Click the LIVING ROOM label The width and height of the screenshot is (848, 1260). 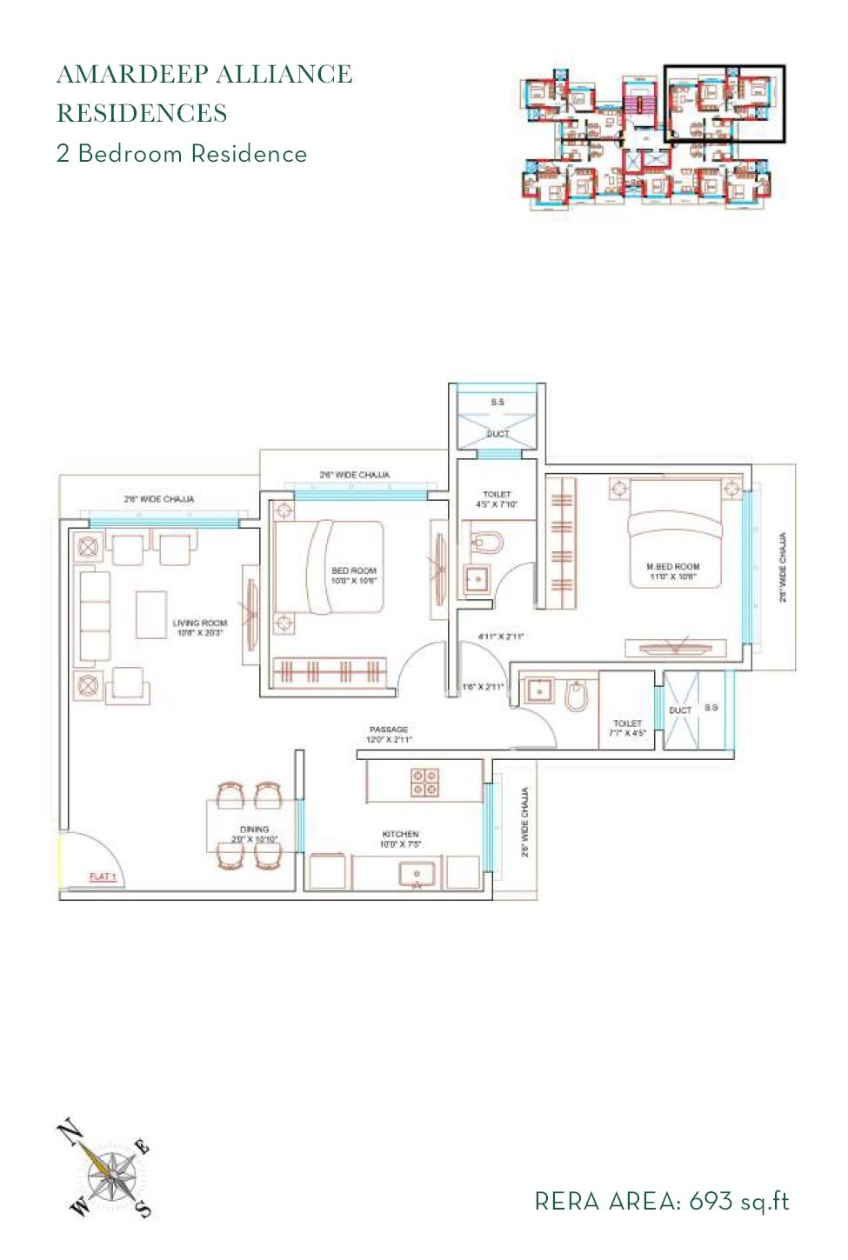pyautogui.click(x=199, y=623)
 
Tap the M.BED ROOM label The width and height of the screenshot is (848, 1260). pyautogui.click(x=672, y=566)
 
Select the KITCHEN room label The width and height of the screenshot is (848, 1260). pyautogui.click(x=400, y=834)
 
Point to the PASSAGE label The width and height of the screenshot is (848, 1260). pyautogui.click(x=388, y=730)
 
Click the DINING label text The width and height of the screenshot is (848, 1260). pyautogui.click(x=254, y=830)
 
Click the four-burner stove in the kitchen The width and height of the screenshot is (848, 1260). pyautogui.click(x=424, y=782)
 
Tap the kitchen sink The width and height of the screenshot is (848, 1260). pyautogui.click(x=417, y=873)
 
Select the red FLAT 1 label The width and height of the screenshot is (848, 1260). pyautogui.click(x=103, y=877)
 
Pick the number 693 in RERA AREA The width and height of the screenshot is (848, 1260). pyautogui.click(x=711, y=1202)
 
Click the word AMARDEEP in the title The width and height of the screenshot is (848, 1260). pyautogui.click(x=130, y=75)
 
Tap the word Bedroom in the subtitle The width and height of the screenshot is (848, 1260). pyautogui.click(x=130, y=154)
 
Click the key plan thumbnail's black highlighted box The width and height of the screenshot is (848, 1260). pyautogui.click(x=724, y=103)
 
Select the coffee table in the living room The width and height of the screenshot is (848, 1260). pyautogui.click(x=151, y=615)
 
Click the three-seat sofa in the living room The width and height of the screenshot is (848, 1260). pyautogui.click(x=95, y=615)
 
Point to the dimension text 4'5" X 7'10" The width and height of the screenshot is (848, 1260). pyautogui.click(x=497, y=504)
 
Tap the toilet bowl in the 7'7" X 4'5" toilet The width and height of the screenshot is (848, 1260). pyautogui.click(x=577, y=696)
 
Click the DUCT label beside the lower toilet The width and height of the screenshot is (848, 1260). pyautogui.click(x=680, y=710)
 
